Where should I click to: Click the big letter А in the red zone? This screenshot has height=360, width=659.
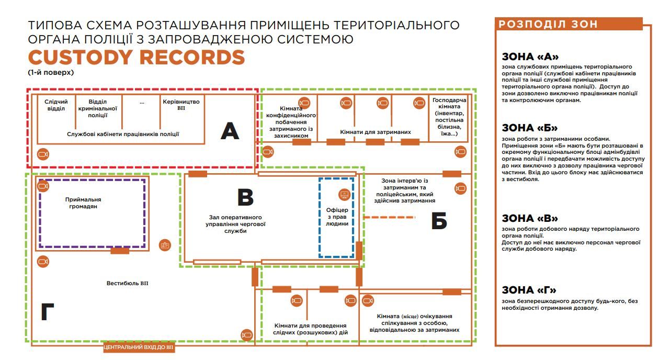(x=230, y=131)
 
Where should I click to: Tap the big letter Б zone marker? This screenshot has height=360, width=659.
(x=439, y=221)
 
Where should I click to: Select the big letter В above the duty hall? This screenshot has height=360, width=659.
(x=245, y=198)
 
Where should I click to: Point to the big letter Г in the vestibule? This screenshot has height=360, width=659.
(x=48, y=312)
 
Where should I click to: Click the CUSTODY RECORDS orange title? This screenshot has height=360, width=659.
(x=137, y=57)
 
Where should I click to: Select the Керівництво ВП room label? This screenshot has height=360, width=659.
(x=181, y=104)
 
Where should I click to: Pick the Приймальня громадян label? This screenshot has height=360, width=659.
(x=83, y=203)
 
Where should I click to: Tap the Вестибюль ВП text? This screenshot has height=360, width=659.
(x=128, y=283)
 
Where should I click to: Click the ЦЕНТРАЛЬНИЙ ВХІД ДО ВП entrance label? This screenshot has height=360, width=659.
(x=139, y=347)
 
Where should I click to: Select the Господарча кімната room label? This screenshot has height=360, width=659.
(x=449, y=117)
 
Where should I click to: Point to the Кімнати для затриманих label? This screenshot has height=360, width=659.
(x=376, y=132)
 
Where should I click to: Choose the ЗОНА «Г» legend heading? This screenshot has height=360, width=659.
(x=529, y=290)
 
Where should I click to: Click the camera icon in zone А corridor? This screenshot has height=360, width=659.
(x=43, y=154)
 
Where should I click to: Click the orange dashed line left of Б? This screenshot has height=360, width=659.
(x=390, y=217)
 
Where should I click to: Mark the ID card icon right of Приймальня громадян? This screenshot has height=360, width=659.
(x=165, y=245)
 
